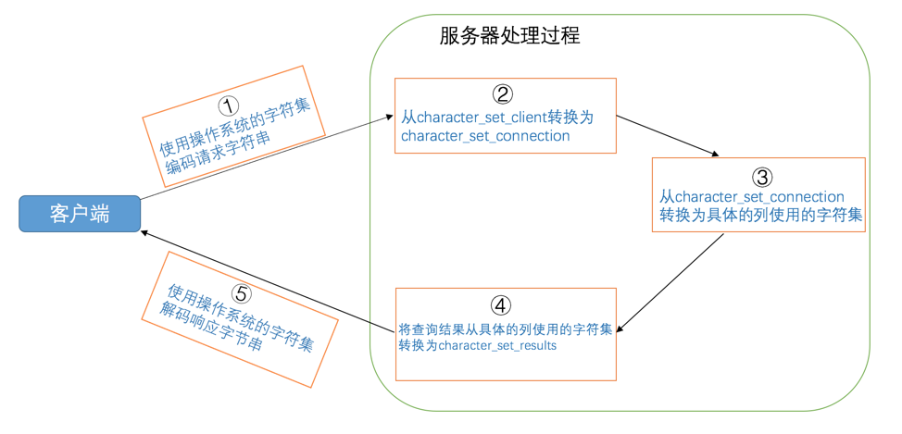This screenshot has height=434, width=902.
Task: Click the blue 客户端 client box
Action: (x=80, y=214)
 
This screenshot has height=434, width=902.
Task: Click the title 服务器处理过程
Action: (x=509, y=36)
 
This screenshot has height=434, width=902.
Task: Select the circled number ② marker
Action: (x=502, y=93)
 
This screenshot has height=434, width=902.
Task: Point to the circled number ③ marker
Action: (x=758, y=176)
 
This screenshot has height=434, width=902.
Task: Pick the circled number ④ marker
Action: (x=500, y=305)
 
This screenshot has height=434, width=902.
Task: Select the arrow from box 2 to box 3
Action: (x=667, y=135)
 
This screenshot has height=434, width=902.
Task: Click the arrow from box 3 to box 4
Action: (x=671, y=282)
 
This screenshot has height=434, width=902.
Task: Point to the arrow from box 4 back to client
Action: (x=269, y=279)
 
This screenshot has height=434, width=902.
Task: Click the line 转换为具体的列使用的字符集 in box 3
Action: (x=760, y=215)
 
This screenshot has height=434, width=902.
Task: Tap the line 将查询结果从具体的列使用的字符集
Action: (x=505, y=329)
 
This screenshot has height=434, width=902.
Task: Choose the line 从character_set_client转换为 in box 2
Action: (x=496, y=118)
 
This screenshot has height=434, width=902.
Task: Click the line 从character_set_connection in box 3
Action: (x=752, y=197)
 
